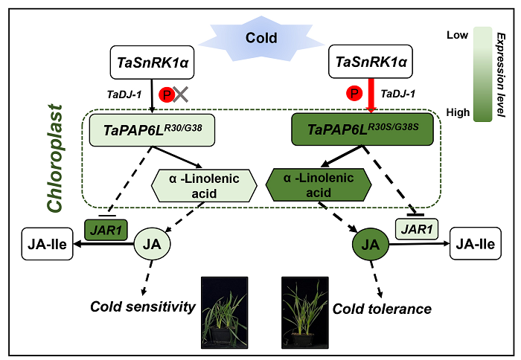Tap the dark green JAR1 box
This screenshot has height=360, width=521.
(x=106, y=228)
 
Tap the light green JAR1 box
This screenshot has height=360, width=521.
(x=417, y=228)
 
